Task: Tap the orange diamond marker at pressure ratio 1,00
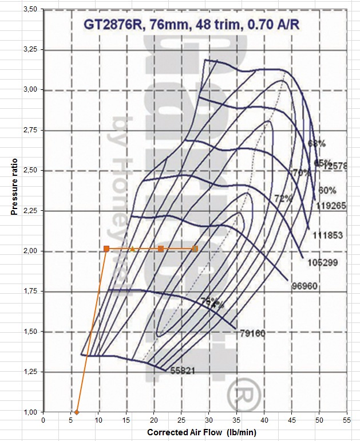click(x=77, y=412)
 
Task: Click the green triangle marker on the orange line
click(x=132, y=249)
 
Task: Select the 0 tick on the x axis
click(x=43, y=420)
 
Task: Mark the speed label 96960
click(x=303, y=286)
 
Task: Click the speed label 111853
click(x=328, y=235)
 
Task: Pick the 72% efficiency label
click(x=283, y=199)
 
